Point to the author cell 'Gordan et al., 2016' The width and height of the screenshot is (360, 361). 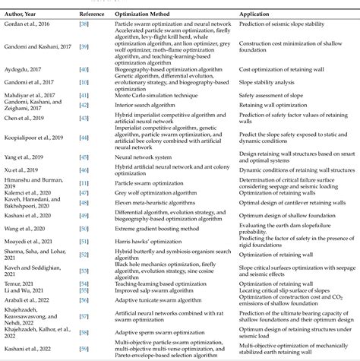(x=28, y=25)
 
